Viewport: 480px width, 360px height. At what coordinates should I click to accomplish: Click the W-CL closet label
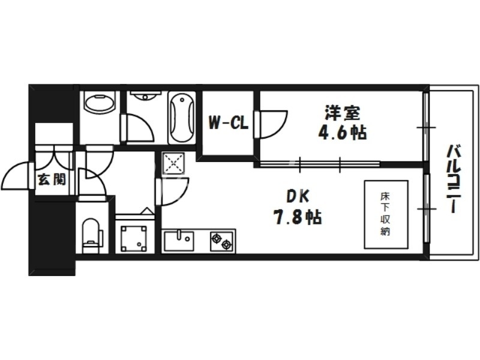(228, 124)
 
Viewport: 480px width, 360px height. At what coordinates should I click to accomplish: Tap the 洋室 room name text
(343, 112)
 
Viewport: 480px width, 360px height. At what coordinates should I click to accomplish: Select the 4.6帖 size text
(343, 133)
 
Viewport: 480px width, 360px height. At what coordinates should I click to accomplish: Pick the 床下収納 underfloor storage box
(385, 214)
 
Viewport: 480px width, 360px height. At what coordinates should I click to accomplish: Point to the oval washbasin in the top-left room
(99, 103)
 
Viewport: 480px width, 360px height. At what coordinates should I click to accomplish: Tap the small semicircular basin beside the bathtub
(144, 96)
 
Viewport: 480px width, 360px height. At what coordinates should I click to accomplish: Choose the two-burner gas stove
(221, 241)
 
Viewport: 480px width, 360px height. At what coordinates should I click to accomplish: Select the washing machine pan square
(134, 238)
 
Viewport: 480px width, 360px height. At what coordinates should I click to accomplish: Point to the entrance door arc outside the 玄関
(16, 177)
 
